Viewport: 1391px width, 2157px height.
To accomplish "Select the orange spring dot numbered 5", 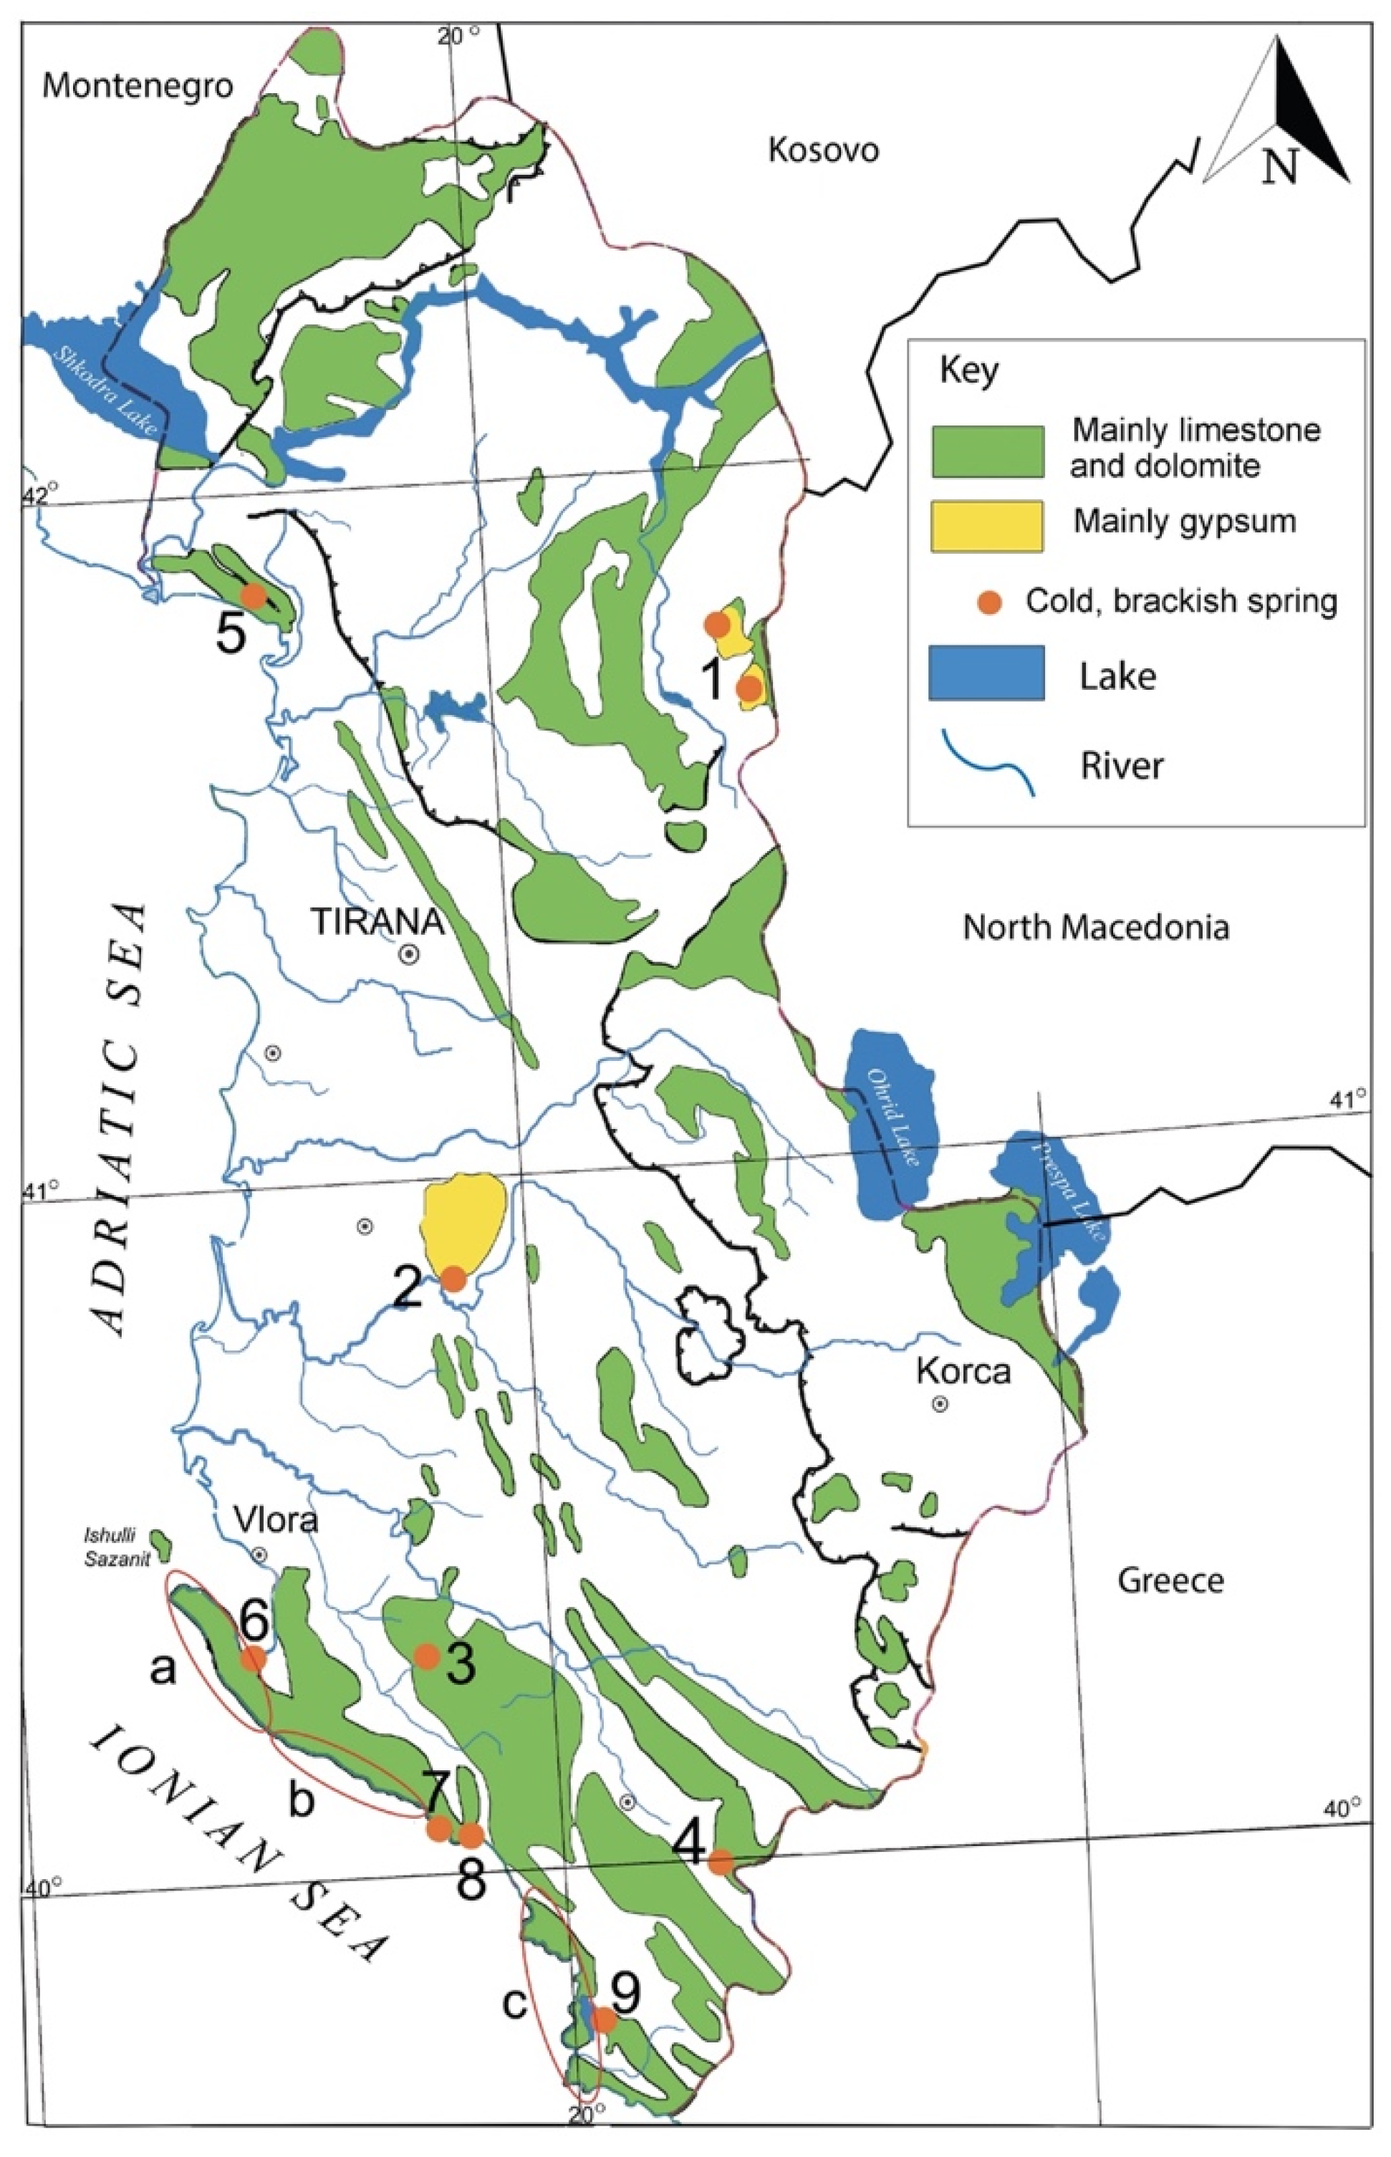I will click(253, 595).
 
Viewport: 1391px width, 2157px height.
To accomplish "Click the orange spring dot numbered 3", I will click(426, 1656).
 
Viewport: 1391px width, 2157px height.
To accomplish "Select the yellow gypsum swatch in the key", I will click(987, 526).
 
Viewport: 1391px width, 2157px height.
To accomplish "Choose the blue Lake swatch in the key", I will click(987, 673).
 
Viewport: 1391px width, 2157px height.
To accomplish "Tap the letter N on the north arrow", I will click(1280, 165).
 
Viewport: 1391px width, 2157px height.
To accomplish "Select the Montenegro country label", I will click(138, 86).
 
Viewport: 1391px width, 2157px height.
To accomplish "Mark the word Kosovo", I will click(823, 150).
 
